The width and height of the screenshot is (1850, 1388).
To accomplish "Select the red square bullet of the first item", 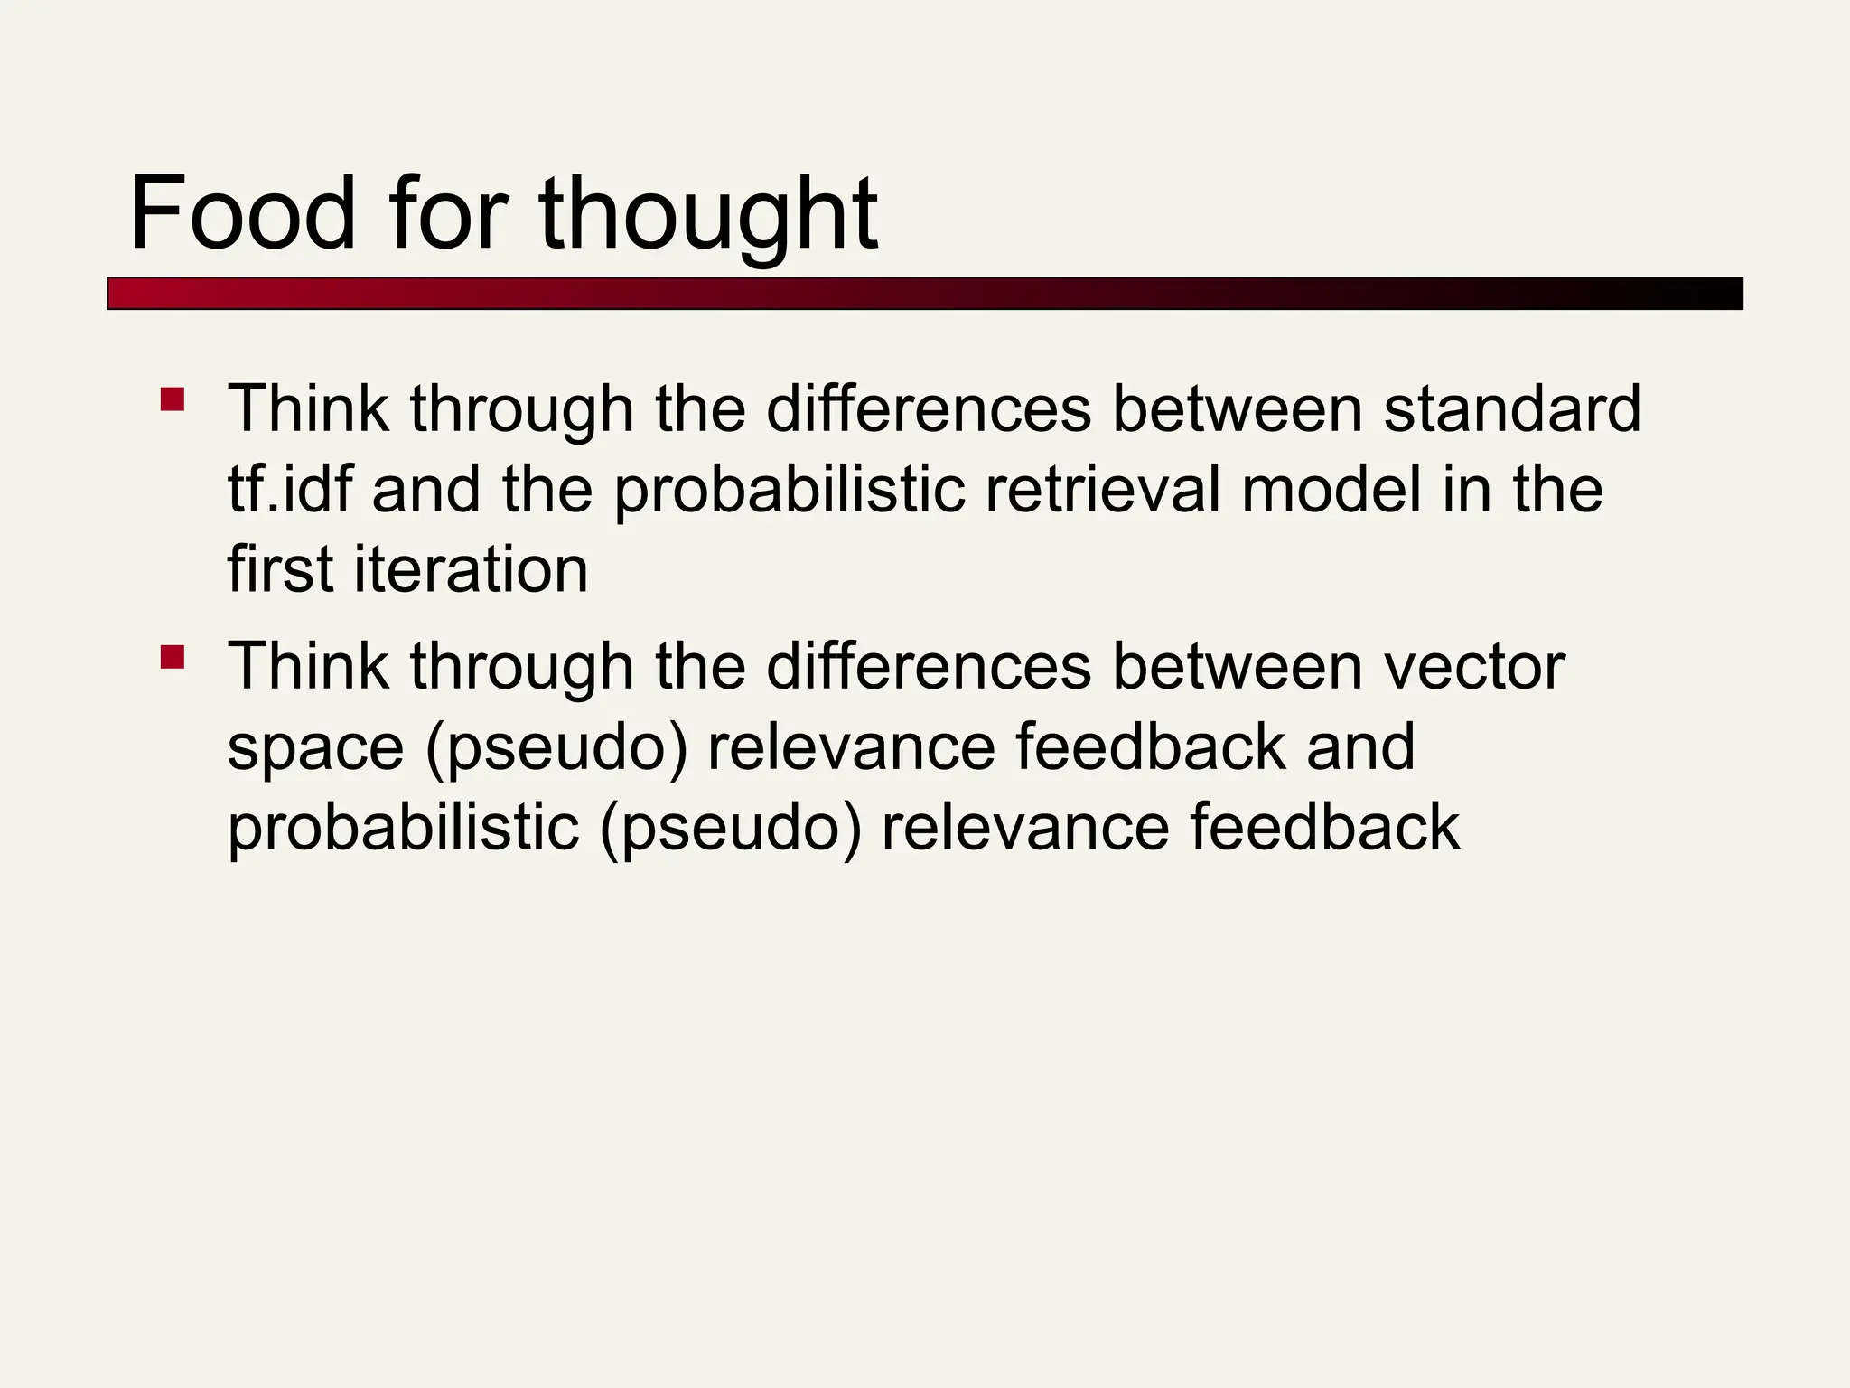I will pyautogui.click(x=172, y=399).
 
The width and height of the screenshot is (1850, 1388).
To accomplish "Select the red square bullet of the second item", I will pyautogui.click(x=172, y=656).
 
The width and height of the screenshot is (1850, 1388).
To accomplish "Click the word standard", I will pyautogui.click(x=1511, y=408).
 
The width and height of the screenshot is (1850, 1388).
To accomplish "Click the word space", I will pyautogui.click(x=315, y=748).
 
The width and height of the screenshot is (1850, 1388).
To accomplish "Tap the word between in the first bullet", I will pyautogui.click(x=1237, y=408).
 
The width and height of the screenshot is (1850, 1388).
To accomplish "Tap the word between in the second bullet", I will pyautogui.click(x=1237, y=666).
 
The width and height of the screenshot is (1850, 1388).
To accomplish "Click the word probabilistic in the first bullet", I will pyautogui.click(x=790, y=491).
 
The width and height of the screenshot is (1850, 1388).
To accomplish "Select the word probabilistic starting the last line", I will pyautogui.click(x=403, y=829).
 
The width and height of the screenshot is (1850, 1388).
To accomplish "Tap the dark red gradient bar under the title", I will pyautogui.click(x=924, y=294).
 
